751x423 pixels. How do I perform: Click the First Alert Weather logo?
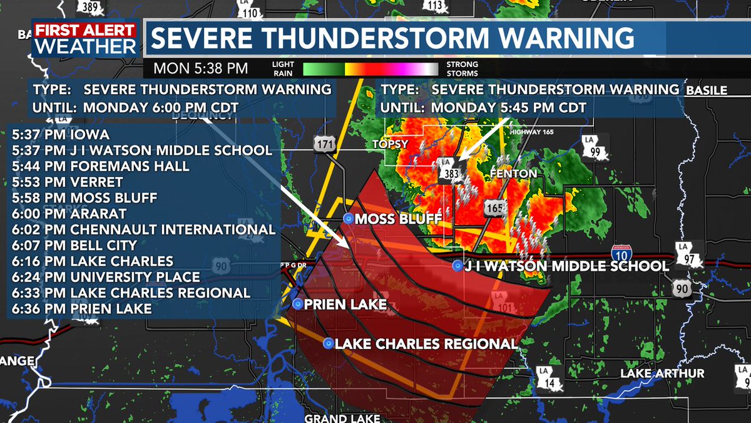84,38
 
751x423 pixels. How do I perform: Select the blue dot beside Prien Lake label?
297,303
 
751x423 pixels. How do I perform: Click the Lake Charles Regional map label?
426,343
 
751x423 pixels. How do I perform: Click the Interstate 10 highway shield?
621,253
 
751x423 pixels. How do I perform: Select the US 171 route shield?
322,145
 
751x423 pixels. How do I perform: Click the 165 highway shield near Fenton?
494,207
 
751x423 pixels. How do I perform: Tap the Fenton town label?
513,173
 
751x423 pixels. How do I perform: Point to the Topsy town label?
391,144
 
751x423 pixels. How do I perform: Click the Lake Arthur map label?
662,373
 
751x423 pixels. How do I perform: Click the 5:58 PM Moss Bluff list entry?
84,197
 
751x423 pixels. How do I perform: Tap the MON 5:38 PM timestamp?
201,68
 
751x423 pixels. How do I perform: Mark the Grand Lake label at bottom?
337,418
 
